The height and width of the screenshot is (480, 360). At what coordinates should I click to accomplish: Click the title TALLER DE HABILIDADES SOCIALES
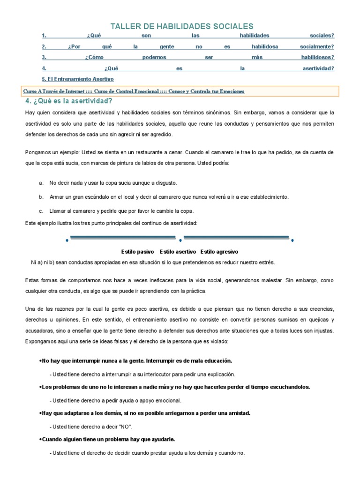pyautogui.click(x=181, y=26)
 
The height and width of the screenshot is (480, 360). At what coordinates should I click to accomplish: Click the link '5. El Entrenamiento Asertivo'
pyautogui.click(x=77, y=79)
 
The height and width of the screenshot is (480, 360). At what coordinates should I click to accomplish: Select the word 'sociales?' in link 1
pyautogui.click(x=322, y=36)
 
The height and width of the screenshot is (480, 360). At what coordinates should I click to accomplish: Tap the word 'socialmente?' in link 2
pyautogui.click(x=317, y=46)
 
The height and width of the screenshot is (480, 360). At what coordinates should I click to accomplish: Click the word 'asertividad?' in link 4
pyautogui.click(x=318, y=68)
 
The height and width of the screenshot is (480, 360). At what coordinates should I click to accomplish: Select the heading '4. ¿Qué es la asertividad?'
pyautogui.click(x=69, y=101)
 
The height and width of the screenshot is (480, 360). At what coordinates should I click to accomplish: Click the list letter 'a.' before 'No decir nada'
pyautogui.click(x=41, y=183)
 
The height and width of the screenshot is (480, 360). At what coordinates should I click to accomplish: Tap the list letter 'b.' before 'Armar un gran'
pyautogui.click(x=41, y=197)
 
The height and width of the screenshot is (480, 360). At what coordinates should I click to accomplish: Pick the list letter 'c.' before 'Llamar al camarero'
pyautogui.click(x=41, y=210)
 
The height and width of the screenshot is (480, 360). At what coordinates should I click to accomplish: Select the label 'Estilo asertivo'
pyautogui.click(x=178, y=252)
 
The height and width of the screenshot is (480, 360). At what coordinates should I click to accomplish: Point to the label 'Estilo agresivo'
pyautogui.click(x=219, y=252)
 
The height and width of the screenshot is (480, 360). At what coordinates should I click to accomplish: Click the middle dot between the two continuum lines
pyautogui.click(x=180, y=240)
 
